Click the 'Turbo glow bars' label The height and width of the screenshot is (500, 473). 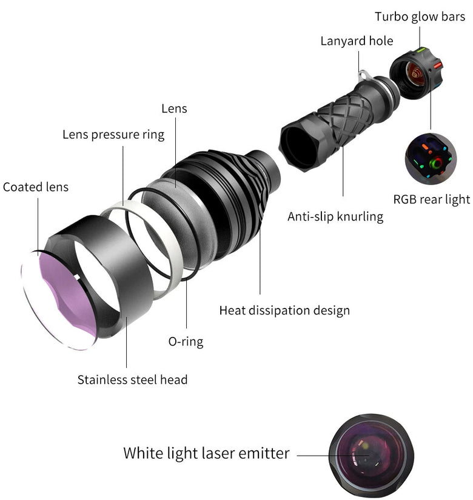[x=420, y=16]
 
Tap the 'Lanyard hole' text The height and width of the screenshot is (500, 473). [x=357, y=41]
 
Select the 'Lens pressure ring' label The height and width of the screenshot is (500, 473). [x=113, y=134]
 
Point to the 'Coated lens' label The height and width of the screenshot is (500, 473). [x=36, y=187]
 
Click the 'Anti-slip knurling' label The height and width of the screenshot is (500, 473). [x=335, y=216]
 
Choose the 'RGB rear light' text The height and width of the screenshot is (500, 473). [x=431, y=199]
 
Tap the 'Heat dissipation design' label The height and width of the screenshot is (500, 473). [x=284, y=310]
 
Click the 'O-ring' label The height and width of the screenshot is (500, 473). [x=186, y=341]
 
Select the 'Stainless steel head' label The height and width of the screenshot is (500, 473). [x=132, y=380]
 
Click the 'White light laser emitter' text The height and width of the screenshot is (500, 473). [x=206, y=453]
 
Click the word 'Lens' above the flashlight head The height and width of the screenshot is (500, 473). [x=174, y=109]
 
